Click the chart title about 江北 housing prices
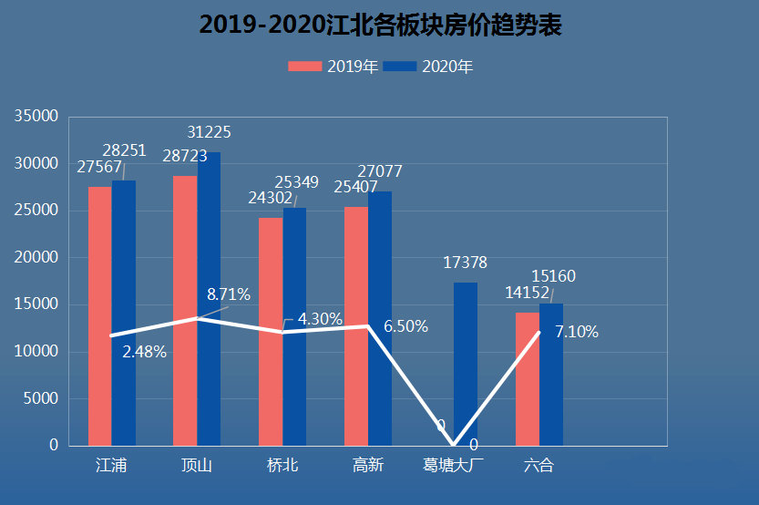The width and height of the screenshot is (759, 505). tap(380, 25)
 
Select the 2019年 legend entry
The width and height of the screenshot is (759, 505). tap(333, 67)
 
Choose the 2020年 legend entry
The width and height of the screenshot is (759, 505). tap(428, 67)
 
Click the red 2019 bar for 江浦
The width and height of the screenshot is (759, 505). tap(100, 316)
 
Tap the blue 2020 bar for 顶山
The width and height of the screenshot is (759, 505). tap(210, 299)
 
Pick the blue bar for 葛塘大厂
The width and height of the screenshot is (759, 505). tap(466, 364)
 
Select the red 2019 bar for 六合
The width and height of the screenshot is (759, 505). tap(528, 379)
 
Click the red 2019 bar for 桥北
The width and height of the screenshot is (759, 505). tap(271, 332)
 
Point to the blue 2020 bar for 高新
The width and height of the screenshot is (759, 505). tap(380, 319)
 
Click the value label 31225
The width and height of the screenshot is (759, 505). tap(210, 132)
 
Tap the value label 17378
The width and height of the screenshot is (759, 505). tap(466, 263)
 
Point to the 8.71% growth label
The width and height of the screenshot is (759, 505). tap(229, 294)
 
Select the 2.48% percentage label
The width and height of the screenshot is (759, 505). tap(144, 352)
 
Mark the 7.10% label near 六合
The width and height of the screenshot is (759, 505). tap(577, 332)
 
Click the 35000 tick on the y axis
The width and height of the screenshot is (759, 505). tap(36, 116)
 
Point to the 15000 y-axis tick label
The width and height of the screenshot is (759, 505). tap(36, 304)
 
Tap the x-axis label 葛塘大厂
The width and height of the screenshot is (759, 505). tap(453, 465)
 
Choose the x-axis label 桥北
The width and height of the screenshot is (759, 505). tap(282, 465)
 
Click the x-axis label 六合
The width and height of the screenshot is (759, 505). tap(538, 465)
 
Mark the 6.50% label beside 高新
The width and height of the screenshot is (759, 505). tap(405, 326)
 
